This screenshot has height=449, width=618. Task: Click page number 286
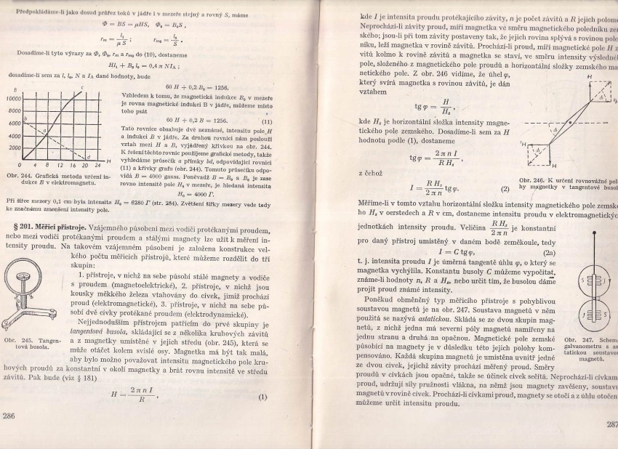click(x=9, y=416)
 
